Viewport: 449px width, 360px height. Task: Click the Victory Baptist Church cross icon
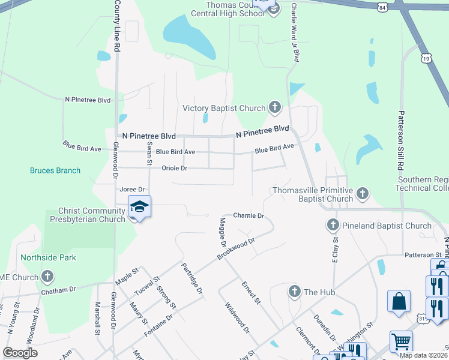[275, 108]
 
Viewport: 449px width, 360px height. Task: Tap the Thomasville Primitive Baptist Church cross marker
[362, 193]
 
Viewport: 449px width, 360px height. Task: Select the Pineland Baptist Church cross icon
[334, 226]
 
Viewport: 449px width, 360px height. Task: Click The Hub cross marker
[294, 292]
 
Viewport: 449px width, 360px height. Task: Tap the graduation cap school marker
[139, 207]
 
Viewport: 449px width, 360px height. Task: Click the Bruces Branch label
[55, 170]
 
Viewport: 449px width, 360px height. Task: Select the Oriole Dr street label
[175, 169]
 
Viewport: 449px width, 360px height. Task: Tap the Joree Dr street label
[133, 189]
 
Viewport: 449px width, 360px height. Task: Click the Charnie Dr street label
[249, 215]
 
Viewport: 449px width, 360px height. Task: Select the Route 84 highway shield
[399, 7]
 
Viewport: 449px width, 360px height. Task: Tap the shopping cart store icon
[401, 341]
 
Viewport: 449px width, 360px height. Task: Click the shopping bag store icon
[399, 302]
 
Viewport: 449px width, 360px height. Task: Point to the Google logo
[20, 353]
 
